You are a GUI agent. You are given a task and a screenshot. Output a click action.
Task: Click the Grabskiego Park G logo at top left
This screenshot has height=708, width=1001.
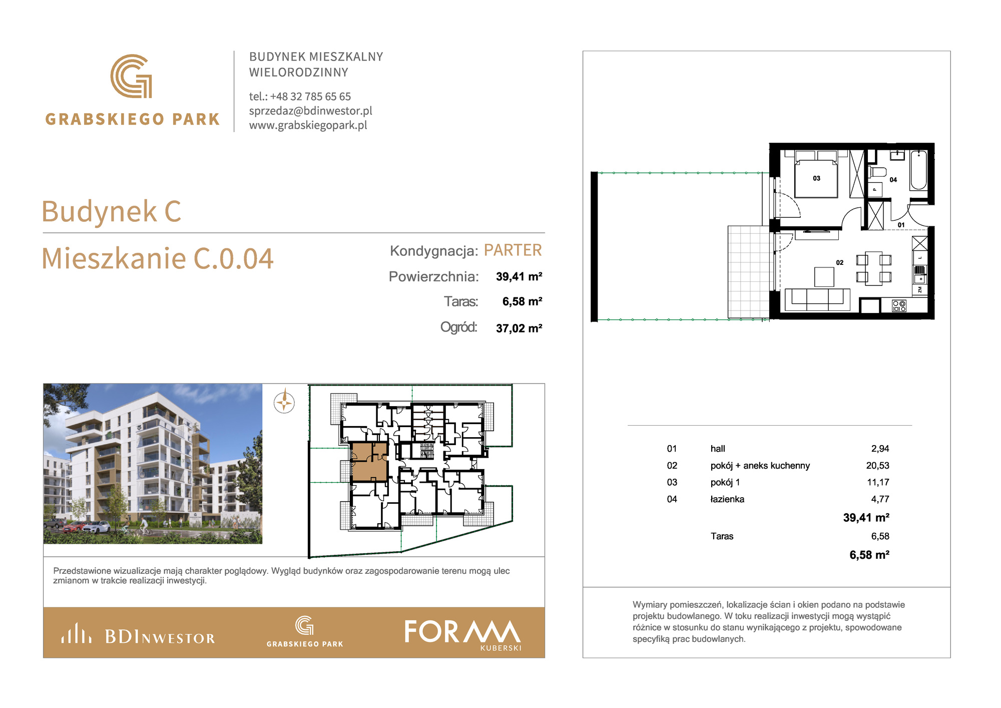[131, 76]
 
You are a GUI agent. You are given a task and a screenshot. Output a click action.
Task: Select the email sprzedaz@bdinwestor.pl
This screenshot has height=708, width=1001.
[311, 111]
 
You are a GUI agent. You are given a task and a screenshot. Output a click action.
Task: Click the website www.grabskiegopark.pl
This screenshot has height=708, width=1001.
[308, 125]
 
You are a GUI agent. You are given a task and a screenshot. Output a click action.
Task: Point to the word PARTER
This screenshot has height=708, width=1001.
[513, 250]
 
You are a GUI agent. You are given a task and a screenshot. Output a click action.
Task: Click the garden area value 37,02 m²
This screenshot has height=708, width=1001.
[519, 328]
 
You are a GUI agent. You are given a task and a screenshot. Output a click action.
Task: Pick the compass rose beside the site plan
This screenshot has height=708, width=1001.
[284, 402]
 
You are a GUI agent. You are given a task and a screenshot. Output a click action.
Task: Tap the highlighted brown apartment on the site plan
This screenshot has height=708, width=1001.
[369, 461]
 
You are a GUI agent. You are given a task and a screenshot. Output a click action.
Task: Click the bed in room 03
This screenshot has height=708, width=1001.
[816, 175]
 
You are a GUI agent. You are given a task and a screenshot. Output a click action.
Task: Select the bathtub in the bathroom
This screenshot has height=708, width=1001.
[918, 170]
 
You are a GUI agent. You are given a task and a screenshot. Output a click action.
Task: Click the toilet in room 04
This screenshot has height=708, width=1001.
[877, 172]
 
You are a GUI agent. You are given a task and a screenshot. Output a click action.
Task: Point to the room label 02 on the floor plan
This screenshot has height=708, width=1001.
[839, 262]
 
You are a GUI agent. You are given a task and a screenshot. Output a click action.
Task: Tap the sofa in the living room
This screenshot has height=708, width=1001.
[817, 299]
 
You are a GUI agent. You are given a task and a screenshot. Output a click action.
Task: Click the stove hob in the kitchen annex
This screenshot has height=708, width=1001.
[899, 306]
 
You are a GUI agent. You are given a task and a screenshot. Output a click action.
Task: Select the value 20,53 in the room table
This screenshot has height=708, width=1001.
[877, 466]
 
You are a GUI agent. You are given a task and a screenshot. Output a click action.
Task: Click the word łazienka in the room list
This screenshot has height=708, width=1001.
[727, 499]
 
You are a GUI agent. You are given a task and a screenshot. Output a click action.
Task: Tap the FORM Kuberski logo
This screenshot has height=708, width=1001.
[463, 634]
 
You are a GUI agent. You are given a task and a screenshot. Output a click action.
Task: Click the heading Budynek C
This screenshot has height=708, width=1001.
[111, 211]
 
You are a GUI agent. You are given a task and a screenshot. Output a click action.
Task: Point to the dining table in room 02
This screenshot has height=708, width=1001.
[874, 268]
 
